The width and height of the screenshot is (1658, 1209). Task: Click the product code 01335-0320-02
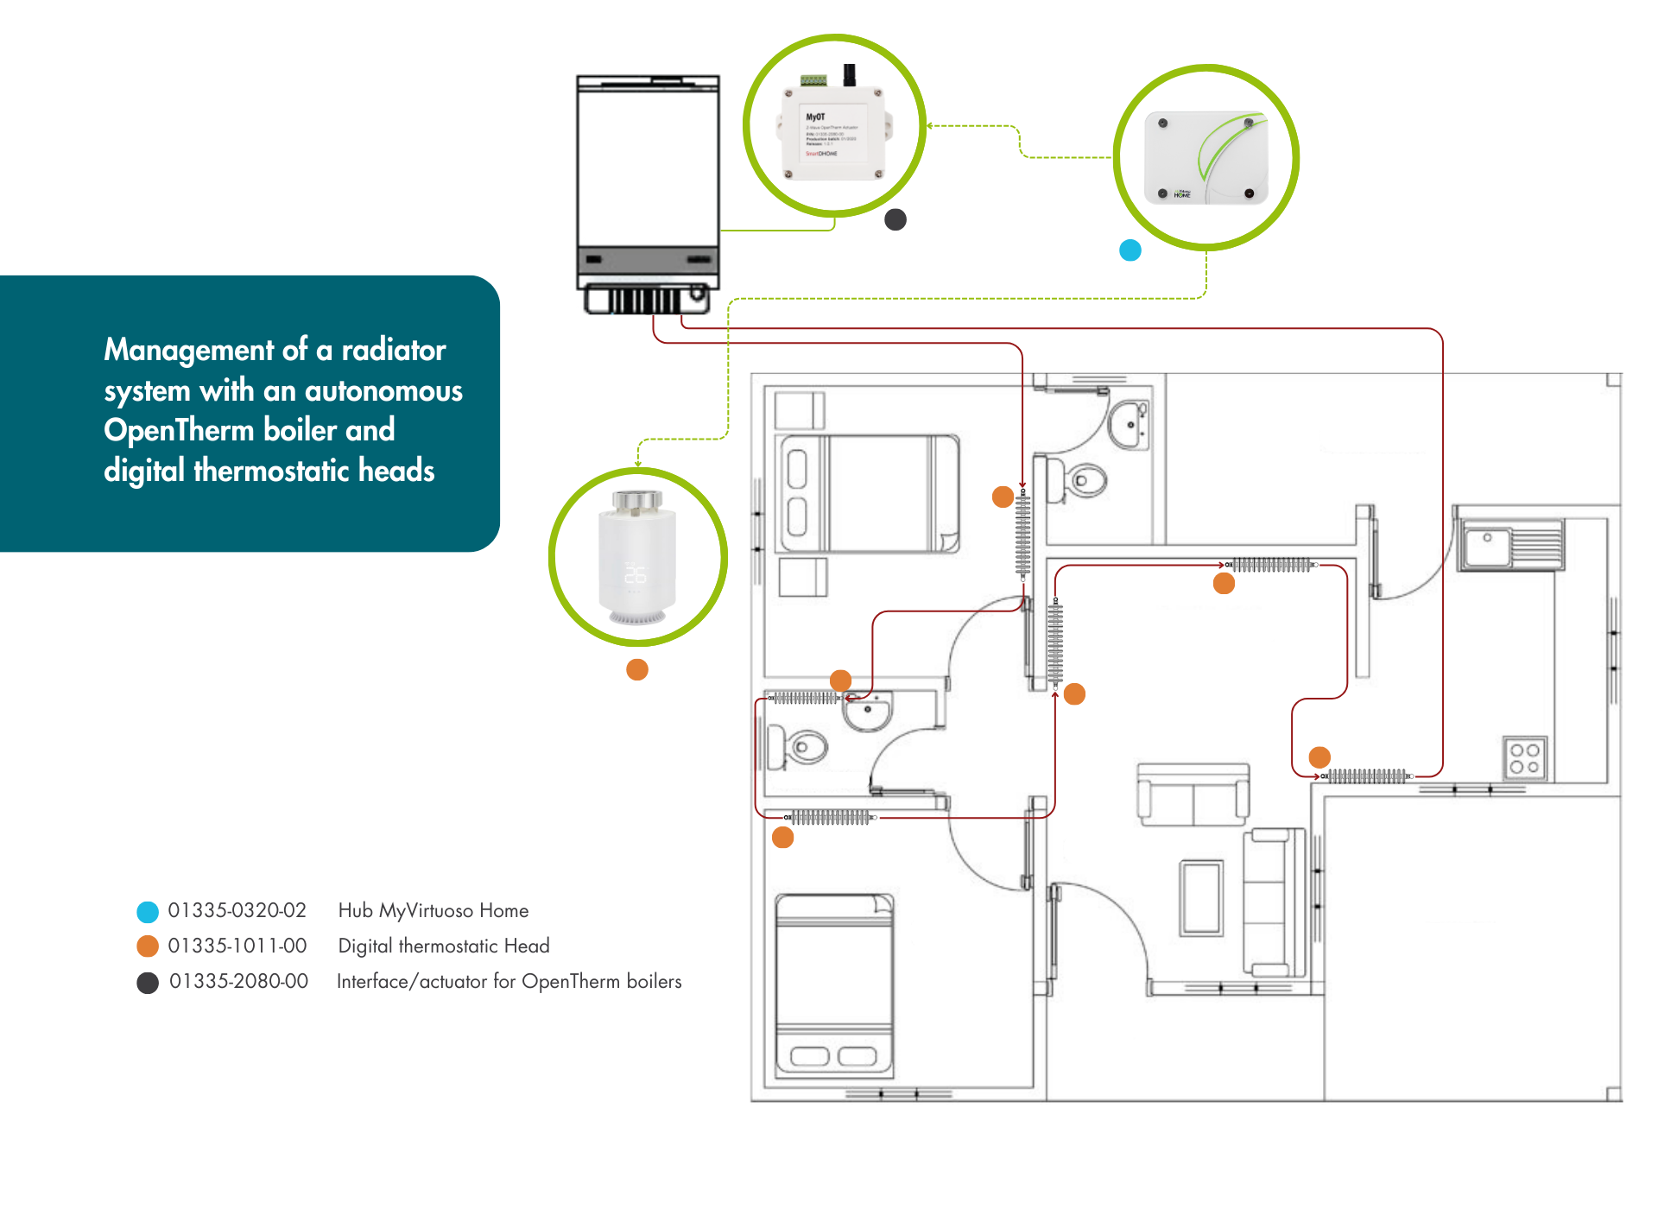click(237, 910)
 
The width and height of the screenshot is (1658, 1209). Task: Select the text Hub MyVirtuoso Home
click(433, 910)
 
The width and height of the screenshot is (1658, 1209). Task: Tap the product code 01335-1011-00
click(237, 946)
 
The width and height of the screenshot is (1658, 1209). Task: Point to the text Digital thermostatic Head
click(443, 946)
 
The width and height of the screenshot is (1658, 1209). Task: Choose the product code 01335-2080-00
click(238, 981)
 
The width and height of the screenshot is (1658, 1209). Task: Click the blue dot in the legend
click(148, 911)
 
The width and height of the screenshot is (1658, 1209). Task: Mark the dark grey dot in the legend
click(148, 983)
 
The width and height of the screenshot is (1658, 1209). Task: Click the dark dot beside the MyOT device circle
click(895, 219)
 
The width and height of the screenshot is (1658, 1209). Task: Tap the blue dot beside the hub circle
click(1130, 250)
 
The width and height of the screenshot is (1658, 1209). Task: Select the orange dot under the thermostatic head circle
click(637, 669)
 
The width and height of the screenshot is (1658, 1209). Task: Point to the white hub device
click(1206, 158)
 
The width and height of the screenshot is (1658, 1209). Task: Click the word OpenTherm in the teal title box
click(178, 430)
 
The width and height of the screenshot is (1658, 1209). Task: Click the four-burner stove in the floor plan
click(1524, 758)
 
